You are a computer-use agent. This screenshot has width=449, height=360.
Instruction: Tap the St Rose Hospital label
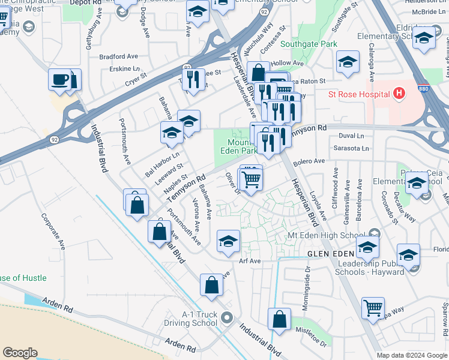point(359,94)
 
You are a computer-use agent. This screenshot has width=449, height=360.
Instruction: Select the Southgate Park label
point(309,44)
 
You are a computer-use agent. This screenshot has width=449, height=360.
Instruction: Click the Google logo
point(20,353)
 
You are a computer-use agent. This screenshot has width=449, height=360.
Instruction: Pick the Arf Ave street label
point(250,261)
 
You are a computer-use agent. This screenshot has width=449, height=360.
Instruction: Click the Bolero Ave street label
point(309,161)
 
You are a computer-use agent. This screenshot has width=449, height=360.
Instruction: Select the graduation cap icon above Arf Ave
point(228,241)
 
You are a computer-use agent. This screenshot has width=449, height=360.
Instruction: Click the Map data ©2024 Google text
point(412,355)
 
